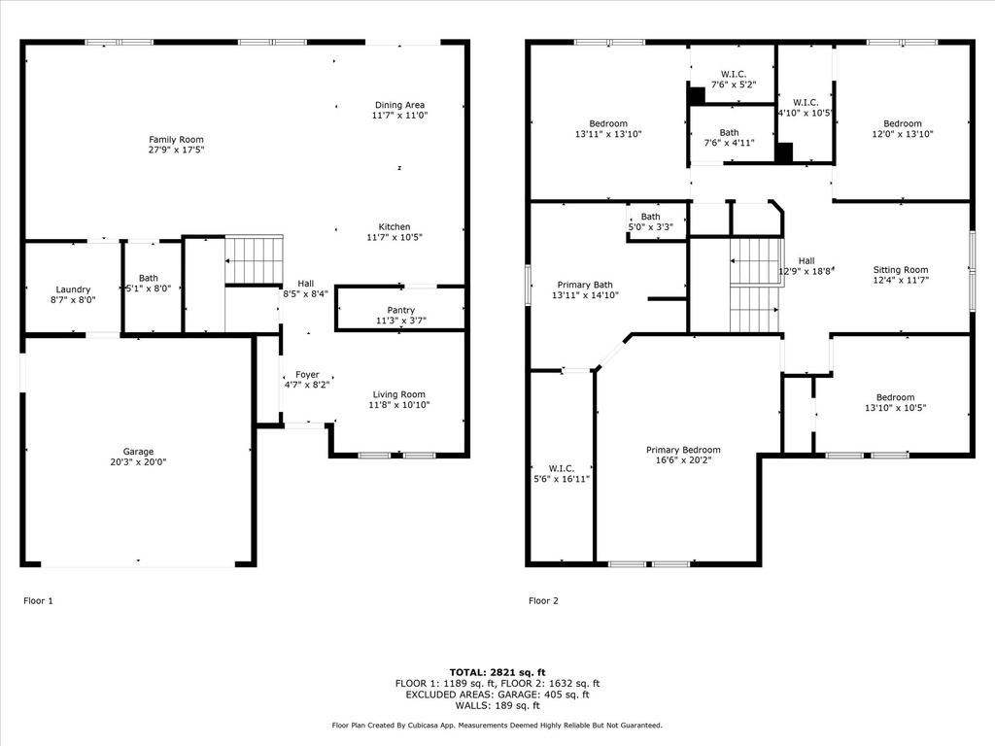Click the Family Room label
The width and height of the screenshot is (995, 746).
pyautogui.click(x=176, y=140)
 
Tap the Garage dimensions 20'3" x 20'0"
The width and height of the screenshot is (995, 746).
pyautogui.click(x=138, y=462)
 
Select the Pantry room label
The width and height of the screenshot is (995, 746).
pyautogui.click(x=400, y=310)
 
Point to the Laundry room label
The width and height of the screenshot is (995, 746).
pyautogui.click(x=73, y=289)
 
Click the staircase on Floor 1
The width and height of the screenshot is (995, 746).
pyautogui.click(x=254, y=260)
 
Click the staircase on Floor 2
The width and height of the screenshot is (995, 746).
pyautogui.click(x=755, y=286)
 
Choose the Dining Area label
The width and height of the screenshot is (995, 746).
pyautogui.click(x=399, y=105)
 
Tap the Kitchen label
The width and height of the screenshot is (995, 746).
pyautogui.click(x=395, y=226)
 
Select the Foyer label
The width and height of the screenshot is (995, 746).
pyautogui.click(x=307, y=375)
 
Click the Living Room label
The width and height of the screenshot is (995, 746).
pyautogui.click(x=399, y=394)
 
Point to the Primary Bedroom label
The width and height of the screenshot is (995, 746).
pyautogui.click(x=683, y=450)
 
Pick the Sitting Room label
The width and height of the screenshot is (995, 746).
pyautogui.click(x=900, y=270)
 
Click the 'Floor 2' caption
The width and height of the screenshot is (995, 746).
pyautogui.click(x=543, y=601)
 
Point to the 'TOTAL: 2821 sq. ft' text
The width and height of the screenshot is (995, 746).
pyautogui.click(x=497, y=672)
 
